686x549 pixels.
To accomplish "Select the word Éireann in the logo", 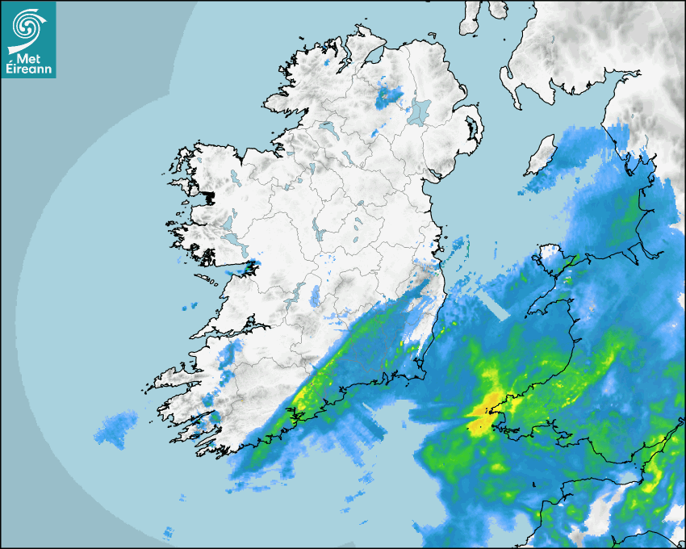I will [x=28, y=69].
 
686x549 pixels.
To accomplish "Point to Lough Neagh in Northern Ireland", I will [x=419, y=111].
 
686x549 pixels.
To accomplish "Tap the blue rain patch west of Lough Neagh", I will [x=388, y=97].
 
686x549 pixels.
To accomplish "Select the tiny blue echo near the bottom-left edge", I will [x=168, y=533].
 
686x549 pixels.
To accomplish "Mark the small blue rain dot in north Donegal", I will [x=325, y=62].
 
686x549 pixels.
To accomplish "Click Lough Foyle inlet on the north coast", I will [x=374, y=58].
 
